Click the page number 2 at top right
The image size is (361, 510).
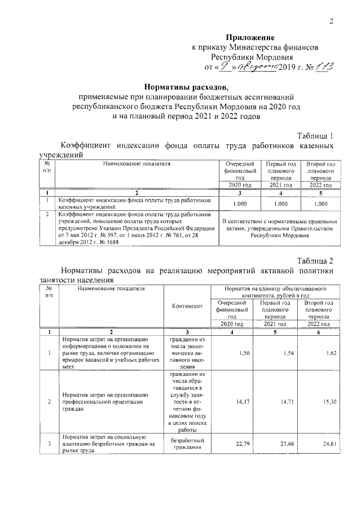332,21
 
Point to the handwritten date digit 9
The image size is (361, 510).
224,66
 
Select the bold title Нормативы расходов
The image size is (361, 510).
186,87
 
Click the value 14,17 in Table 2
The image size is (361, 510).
243,402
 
